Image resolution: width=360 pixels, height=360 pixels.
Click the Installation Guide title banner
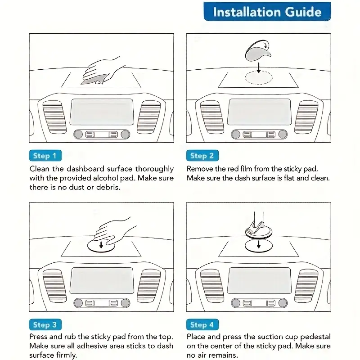[267, 12]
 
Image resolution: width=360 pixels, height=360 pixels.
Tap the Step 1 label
[45, 156]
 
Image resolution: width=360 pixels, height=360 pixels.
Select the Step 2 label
[202, 156]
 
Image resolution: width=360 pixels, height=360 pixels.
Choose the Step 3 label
[45, 324]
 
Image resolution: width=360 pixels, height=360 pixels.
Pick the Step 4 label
[202, 324]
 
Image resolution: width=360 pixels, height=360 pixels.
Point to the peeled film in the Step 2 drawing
[256, 52]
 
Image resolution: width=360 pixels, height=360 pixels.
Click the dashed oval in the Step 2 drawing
[259, 77]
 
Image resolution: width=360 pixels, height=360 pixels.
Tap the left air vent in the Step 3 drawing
[54, 285]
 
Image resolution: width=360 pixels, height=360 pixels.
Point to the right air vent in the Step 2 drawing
[307, 116]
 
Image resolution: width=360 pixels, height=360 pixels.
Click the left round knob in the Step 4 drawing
[235, 303]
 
